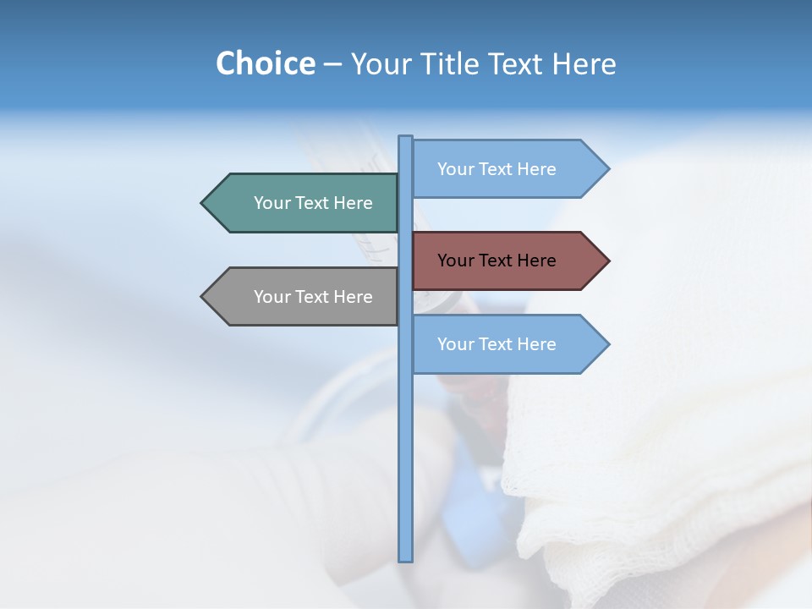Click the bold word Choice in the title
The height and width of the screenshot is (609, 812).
coord(265,63)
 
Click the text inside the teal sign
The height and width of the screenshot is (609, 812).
coord(313,203)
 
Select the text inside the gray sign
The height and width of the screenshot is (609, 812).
coord(313,297)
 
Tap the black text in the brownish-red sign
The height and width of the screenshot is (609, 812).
coord(497,261)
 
